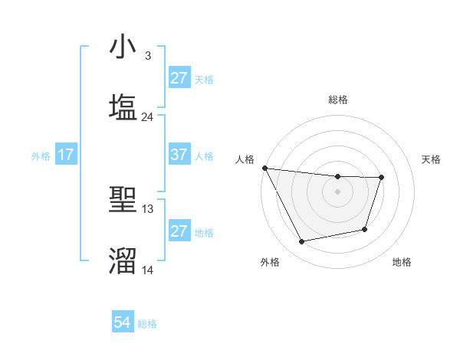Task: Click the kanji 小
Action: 123,47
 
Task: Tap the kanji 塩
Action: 123,106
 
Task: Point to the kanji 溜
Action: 123,260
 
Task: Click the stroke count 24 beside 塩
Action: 148,117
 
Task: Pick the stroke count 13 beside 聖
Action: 148,208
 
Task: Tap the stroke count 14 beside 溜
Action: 148,270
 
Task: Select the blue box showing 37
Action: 179,155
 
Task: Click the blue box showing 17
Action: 66,155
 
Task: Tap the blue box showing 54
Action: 123,323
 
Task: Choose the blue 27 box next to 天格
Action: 179,78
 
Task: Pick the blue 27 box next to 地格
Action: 179,231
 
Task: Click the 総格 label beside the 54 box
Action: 147,324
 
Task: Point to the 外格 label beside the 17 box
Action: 41,155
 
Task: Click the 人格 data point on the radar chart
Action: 264,168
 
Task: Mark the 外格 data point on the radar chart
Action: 302,242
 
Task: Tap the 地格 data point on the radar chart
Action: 365,229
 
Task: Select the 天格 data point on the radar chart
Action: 381,178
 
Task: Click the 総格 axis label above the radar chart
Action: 338,100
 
